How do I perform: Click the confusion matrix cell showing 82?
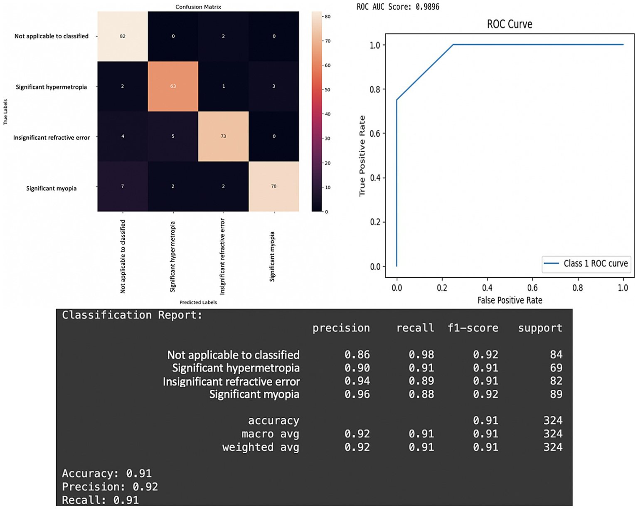(122, 36)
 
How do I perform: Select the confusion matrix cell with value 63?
(173, 86)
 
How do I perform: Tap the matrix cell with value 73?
(223, 136)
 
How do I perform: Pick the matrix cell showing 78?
(273, 186)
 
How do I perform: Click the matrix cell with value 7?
(122, 186)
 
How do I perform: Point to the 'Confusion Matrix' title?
(198, 7)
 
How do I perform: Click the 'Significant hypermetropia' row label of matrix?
(51, 87)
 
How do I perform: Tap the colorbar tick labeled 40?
(327, 114)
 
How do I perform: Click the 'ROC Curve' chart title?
(509, 24)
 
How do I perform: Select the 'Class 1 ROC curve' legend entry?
(586, 264)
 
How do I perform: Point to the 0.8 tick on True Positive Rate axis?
(375, 89)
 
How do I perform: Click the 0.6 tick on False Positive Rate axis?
(532, 288)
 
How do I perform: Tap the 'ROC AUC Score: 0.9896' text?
(398, 7)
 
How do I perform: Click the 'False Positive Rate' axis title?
(510, 300)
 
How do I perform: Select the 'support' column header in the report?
(540, 328)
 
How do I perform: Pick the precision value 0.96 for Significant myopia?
(357, 394)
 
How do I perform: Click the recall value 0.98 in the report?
(421, 355)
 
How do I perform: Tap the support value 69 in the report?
(556, 368)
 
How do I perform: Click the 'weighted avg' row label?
(261, 447)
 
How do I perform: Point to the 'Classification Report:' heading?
(132, 315)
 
